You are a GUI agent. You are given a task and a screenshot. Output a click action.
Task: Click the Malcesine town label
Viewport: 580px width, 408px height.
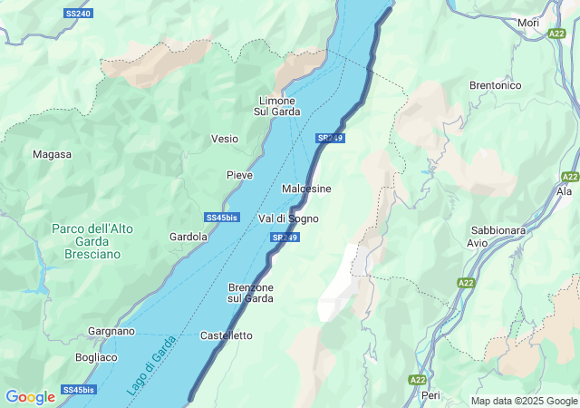pos(306,188)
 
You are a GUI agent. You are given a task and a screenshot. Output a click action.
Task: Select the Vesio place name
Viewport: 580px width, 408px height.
pos(225,139)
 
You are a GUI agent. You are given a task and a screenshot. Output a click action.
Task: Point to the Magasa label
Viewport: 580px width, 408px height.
pos(52,154)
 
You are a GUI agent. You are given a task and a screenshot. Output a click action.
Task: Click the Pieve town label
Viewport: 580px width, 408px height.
pos(239,174)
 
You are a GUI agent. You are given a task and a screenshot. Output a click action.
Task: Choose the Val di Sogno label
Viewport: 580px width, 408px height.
pos(288,219)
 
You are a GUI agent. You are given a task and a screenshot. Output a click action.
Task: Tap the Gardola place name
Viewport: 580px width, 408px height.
pos(188,237)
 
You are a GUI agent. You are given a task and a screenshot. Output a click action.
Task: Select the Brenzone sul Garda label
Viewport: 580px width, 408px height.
pos(250,293)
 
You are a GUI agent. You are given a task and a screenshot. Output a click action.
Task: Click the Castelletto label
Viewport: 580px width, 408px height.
pos(227,335)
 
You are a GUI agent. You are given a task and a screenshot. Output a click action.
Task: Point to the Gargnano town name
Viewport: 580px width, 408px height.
pos(111,332)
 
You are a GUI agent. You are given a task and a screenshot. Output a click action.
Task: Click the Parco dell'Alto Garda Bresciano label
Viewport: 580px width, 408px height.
pos(92,242)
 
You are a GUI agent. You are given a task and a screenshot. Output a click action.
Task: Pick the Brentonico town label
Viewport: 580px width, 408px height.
pos(495,85)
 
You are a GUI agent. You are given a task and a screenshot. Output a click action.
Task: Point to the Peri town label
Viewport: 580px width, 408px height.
pos(430,395)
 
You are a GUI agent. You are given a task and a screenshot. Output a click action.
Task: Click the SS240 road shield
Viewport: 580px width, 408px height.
pos(79,14)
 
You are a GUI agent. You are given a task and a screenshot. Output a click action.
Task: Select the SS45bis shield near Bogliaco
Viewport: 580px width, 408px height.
pos(77,390)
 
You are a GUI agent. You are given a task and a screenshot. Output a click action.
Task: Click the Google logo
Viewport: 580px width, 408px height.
pos(30,396)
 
